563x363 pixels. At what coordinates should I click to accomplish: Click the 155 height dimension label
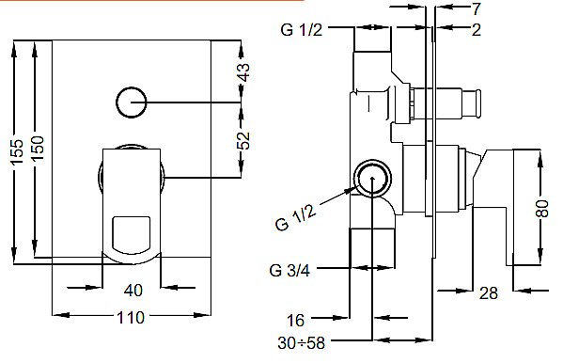[x=17, y=151]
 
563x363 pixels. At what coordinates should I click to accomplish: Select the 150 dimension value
[x=38, y=148]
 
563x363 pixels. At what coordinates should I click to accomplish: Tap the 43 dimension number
[x=243, y=71]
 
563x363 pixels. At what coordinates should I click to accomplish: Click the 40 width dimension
[x=133, y=290]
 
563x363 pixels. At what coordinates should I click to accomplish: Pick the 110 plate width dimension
[x=131, y=318]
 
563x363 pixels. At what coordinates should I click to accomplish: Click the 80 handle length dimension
[x=542, y=209]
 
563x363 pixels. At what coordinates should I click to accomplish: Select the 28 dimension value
[x=489, y=293]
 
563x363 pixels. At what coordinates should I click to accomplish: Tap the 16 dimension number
[x=295, y=321]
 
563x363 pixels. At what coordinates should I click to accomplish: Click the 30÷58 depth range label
[x=301, y=342]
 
